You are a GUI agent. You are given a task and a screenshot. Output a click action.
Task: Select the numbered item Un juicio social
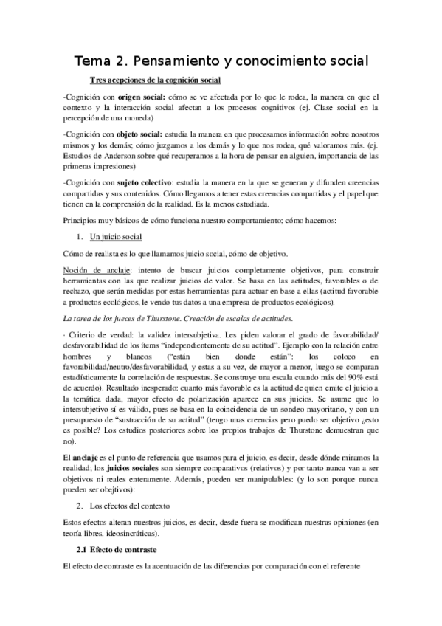tap(116, 237)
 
